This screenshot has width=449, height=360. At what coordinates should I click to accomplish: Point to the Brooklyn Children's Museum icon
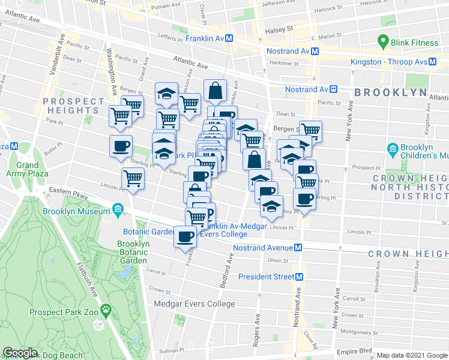click(393, 149)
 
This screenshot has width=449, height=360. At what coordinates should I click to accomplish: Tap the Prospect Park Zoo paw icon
click(106, 310)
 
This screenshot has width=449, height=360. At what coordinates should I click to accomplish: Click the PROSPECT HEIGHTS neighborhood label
click(74, 106)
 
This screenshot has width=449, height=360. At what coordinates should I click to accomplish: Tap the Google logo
click(20, 353)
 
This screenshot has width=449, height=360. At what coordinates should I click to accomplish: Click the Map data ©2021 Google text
click(411, 355)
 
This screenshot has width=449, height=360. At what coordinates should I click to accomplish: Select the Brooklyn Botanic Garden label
click(133, 252)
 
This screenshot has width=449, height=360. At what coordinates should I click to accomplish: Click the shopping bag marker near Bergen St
click(215, 92)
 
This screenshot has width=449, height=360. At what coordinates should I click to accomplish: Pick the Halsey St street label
click(280, 28)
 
